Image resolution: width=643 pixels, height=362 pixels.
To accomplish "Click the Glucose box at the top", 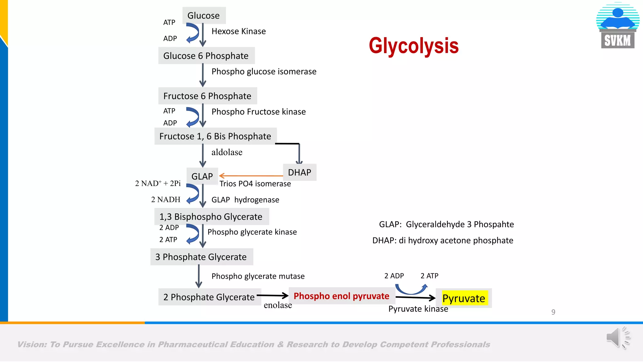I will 204,15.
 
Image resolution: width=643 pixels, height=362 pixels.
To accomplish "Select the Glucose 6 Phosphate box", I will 206,56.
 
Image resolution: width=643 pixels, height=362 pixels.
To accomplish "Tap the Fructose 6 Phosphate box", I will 207,96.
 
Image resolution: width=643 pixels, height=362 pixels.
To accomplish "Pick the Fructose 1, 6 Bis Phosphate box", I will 215,136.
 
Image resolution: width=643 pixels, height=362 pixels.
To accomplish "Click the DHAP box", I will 300,172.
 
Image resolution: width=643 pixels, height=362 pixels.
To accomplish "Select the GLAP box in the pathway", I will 202,176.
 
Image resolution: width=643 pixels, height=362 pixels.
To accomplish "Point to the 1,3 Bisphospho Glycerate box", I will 211,217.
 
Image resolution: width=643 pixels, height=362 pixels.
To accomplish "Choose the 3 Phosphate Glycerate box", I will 201,257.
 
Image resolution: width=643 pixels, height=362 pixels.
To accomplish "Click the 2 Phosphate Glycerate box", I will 209,297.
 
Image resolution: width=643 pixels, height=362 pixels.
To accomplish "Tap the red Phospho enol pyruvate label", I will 341,296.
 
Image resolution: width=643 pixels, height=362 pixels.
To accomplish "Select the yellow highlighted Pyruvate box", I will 464,298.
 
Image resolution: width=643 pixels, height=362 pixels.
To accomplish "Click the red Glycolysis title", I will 413,46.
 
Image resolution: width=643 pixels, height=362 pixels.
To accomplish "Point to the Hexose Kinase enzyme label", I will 239,31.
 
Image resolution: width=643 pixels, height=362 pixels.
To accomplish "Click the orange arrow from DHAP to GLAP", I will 251,176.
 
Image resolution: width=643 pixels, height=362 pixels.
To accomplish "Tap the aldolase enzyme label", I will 227,152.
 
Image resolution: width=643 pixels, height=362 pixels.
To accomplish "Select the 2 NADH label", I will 166,200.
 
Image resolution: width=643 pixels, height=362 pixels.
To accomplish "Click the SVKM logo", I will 618,26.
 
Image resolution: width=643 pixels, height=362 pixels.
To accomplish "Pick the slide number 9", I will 553,312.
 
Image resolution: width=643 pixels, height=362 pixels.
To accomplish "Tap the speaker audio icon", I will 618,338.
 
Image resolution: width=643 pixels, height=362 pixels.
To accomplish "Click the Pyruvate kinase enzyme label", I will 418,309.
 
